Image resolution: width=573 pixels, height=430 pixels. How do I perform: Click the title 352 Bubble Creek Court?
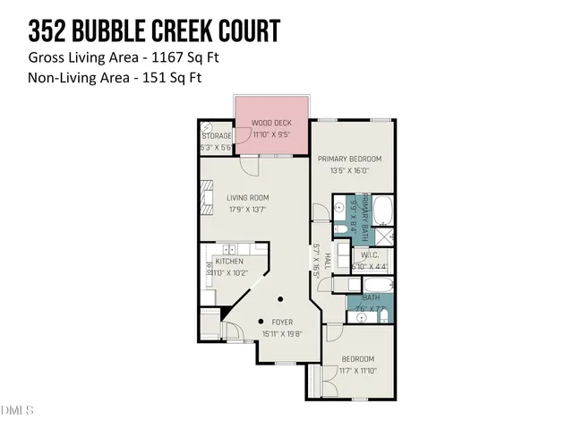154,32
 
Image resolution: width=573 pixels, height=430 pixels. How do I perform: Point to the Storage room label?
217,136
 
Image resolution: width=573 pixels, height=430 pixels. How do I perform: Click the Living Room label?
247,198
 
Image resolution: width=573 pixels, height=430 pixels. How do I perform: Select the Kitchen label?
229,261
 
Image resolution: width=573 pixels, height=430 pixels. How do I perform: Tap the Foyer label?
281,321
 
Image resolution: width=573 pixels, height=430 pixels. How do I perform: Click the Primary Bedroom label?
344,159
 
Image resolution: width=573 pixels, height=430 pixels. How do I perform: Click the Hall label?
329,261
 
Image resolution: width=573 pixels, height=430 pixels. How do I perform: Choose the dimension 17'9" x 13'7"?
247,210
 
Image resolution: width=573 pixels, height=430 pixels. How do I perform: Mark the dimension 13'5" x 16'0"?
344,170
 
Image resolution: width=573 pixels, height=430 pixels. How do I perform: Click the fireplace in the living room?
207,197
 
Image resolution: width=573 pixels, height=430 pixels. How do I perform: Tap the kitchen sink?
229,249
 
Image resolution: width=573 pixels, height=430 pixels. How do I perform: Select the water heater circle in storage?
207,126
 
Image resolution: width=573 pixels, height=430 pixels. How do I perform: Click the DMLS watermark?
16,411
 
